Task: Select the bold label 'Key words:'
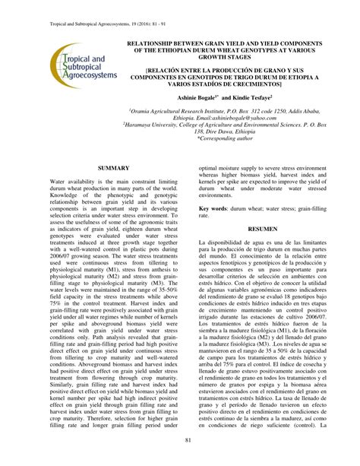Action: coord(214,208)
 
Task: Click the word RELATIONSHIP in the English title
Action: coord(165,44)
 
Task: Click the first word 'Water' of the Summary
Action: coord(58,184)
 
